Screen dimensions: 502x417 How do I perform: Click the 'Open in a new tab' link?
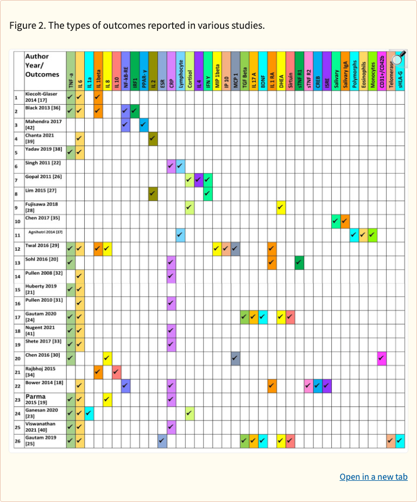point(373,476)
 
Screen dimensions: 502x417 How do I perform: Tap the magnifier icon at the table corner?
point(400,59)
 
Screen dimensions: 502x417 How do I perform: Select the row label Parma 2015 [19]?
point(38,400)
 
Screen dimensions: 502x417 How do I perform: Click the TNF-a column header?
point(71,71)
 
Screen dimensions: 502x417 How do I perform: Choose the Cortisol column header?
point(189,71)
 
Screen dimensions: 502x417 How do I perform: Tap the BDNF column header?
point(263,71)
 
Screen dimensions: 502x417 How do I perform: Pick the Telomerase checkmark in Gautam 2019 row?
point(391,441)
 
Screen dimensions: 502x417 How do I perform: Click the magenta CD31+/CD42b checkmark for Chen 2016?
point(382,358)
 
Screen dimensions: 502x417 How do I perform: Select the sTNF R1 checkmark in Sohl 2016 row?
point(299,263)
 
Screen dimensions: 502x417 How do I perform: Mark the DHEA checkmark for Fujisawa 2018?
point(281,207)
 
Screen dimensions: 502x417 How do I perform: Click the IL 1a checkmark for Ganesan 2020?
point(89,414)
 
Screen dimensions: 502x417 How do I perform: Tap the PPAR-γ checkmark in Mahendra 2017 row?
point(144,125)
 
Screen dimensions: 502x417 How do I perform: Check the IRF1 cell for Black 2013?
point(135,111)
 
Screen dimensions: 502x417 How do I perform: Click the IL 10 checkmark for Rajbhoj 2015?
point(116,372)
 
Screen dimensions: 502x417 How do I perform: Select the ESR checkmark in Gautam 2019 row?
point(162,441)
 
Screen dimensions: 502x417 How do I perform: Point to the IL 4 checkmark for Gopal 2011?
point(199,180)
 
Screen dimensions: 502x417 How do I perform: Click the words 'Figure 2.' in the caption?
point(27,26)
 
